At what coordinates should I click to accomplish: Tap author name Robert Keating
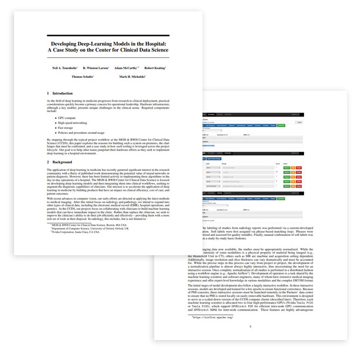[x=154, y=68]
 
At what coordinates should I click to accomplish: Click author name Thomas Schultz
[x=83, y=77]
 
